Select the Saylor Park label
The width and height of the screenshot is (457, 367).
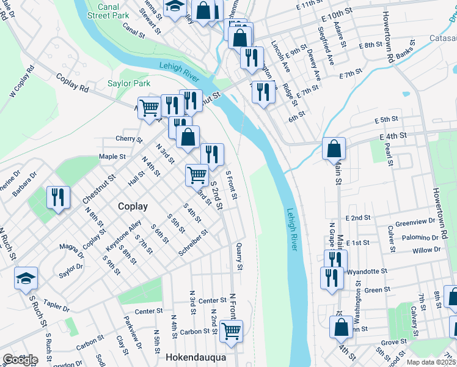[x=129, y=83]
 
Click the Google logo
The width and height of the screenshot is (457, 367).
[x=20, y=360]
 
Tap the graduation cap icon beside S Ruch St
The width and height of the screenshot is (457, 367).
[x=26, y=278]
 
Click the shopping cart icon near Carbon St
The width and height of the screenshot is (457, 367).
[x=231, y=331]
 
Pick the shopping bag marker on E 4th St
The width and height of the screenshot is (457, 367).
[x=334, y=149]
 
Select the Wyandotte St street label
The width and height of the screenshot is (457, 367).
[x=367, y=270]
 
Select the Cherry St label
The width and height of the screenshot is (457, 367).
[x=128, y=139]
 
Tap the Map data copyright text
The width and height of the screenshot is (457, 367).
[x=431, y=361]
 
